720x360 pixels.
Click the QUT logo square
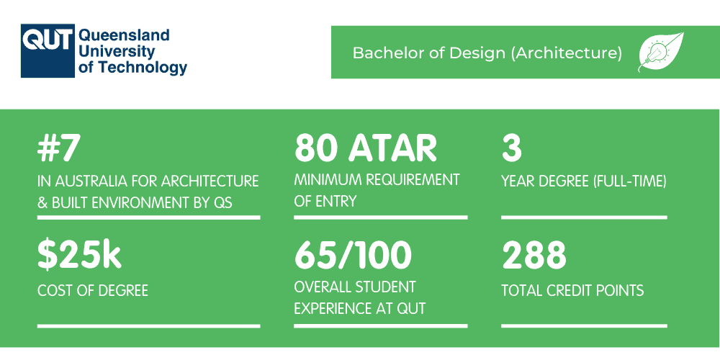47,51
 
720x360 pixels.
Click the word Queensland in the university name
123,35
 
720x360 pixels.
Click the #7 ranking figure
59,148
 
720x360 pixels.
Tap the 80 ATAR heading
366,148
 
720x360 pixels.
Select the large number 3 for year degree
511,148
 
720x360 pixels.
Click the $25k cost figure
79,256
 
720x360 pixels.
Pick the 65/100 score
353,256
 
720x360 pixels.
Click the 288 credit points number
534,256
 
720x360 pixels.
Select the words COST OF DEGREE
93,291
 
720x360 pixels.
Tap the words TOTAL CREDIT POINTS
572,291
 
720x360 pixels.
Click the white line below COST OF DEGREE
148,326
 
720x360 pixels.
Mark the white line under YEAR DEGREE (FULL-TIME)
584,217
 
